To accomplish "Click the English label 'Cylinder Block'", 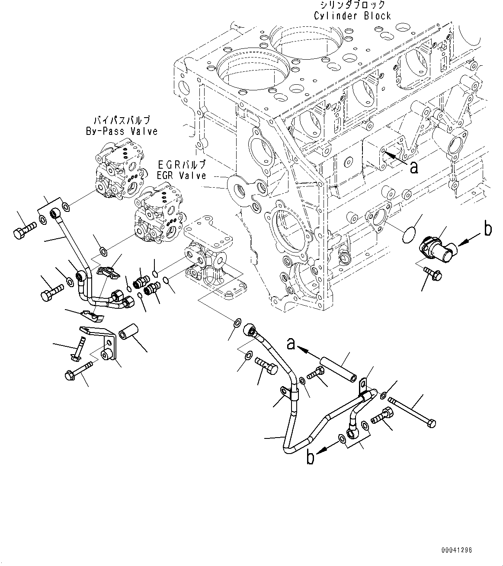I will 352,16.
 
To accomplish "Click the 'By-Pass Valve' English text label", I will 122,131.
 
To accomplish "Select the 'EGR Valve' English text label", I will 182,176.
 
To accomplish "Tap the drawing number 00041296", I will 457,550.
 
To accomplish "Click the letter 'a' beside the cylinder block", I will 414,168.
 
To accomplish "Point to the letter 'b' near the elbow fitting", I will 488,230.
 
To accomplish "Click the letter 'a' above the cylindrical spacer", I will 292,344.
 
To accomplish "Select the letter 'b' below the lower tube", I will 310,458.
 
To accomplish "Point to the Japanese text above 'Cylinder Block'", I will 352,5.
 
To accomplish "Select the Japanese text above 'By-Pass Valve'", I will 122,120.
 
